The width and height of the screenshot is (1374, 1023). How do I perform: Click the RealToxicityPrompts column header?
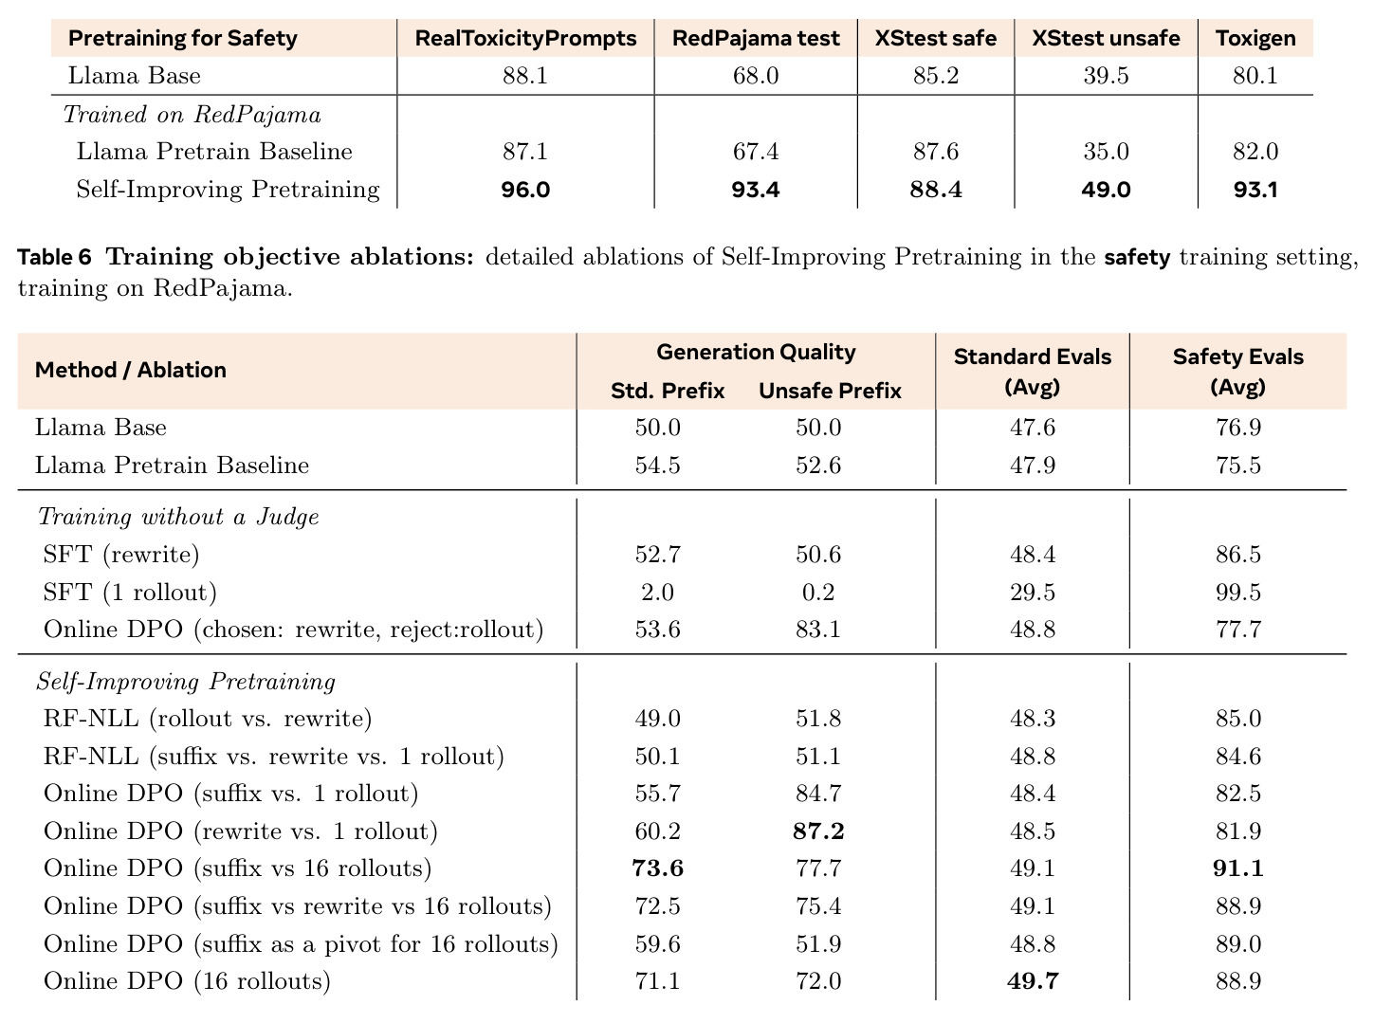[525, 39]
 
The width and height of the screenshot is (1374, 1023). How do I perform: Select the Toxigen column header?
[1255, 39]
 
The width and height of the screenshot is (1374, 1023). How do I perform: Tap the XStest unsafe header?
[1106, 39]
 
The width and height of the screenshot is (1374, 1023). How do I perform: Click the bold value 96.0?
[525, 190]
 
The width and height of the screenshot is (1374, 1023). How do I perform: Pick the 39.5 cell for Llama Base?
[1106, 76]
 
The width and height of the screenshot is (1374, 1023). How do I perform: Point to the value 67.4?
[755, 152]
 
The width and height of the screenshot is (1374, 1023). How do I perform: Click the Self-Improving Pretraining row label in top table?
[228, 190]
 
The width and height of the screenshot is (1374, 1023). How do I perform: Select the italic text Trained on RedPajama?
[192, 115]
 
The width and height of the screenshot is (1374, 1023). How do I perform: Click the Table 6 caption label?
[54, 257]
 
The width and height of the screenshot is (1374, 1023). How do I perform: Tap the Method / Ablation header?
[131, 370]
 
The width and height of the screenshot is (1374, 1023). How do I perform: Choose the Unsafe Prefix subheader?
[830, 391]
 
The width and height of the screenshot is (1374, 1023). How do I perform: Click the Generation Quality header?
[756, 352]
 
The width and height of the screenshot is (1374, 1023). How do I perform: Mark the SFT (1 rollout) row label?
[130, 593]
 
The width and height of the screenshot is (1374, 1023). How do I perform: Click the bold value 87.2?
[818, 831]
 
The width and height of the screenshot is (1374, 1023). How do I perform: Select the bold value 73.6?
[657, 868]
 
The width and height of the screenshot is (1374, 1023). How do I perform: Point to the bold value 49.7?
[1032, 981]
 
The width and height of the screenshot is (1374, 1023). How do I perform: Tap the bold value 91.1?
[1237, 868]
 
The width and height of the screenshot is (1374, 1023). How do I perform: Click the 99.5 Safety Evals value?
[1237, 593]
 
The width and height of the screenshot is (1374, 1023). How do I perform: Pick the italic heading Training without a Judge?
[178, 517]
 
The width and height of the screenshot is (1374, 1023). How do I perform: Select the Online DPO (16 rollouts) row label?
[187, 981]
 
